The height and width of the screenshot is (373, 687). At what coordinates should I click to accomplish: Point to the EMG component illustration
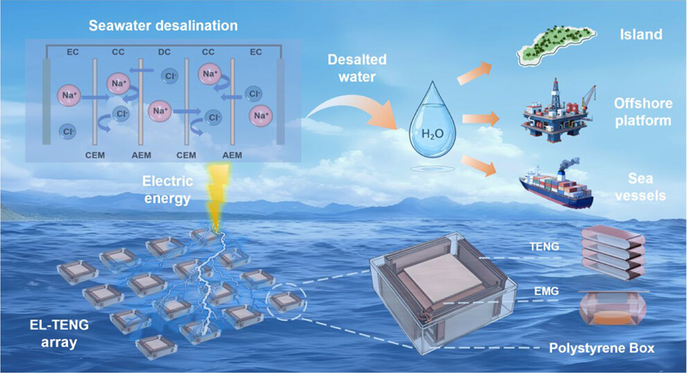(x=612, y=309)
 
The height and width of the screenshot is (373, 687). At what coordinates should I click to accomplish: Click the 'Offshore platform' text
(x=643, y=112)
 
